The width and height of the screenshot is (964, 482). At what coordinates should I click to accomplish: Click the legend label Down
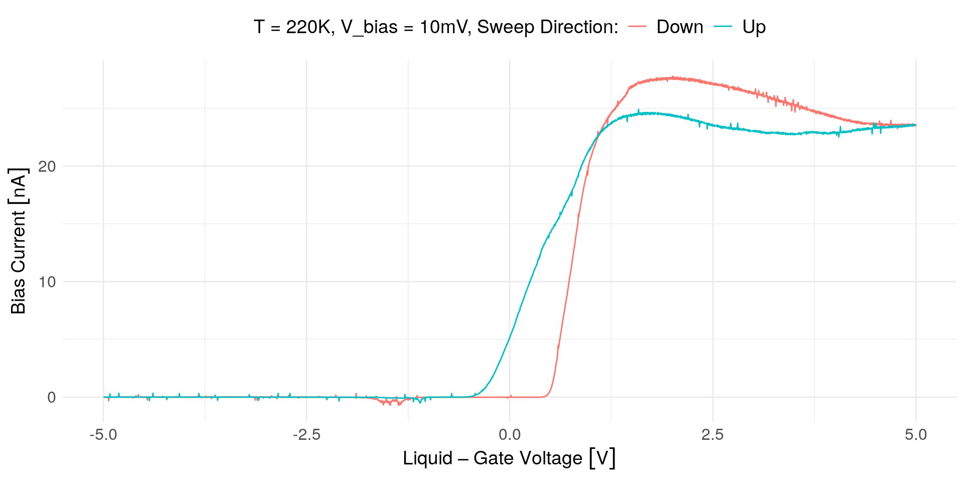[679, 27]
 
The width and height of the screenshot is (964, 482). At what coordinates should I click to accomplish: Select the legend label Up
[754, 27]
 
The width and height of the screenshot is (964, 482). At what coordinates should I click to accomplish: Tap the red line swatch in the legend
[638, 27]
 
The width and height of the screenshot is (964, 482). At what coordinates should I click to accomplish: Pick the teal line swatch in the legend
[722, 27]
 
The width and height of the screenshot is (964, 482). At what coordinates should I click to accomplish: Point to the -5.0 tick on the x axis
[103, 435]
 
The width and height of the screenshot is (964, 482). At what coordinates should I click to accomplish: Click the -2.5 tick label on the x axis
[306, 435]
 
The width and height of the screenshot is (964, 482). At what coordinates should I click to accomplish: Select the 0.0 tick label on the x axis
[510, 435]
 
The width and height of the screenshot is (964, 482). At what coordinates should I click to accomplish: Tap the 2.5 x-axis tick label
[712, 435]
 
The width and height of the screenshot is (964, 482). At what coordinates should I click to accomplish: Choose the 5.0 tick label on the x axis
[916, 435]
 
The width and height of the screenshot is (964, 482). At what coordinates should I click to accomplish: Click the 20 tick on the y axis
[47, 166]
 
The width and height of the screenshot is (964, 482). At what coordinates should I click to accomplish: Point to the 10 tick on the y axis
[47, 282]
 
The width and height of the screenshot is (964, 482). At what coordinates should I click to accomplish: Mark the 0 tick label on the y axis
[51, 398]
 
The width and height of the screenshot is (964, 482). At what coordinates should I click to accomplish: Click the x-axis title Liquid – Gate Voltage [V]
[509, 458]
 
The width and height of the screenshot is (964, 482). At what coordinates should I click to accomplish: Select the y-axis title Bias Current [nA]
[19, 241]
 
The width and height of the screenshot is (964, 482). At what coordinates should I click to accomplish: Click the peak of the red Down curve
[673, 78]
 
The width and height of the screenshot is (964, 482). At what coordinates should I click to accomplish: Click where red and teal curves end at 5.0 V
[915, 125]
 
